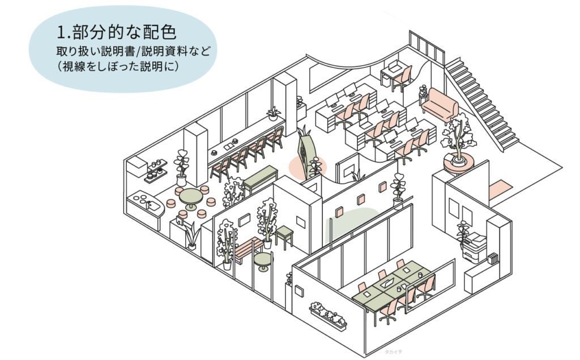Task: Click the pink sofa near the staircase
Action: [x=440, y=104]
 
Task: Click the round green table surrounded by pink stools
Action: [x=191, y=198]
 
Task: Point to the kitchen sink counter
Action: [x=145, y=207]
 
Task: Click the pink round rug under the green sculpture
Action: [x=308, y=166]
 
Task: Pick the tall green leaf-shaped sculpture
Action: [x=305, y=155]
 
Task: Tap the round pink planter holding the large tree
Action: [x=459, y=164]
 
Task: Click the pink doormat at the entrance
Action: [x=500, y=190]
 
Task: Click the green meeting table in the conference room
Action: [x=391, y=283]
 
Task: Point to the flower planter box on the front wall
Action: [x=328, y=316]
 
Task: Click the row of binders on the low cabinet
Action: [x=493, y=258]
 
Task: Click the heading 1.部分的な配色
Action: [x=117, y=32]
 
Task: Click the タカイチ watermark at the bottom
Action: [x=393, y=352]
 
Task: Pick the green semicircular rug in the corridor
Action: [x=351, y=224]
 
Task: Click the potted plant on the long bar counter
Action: [x=274, y=113]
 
